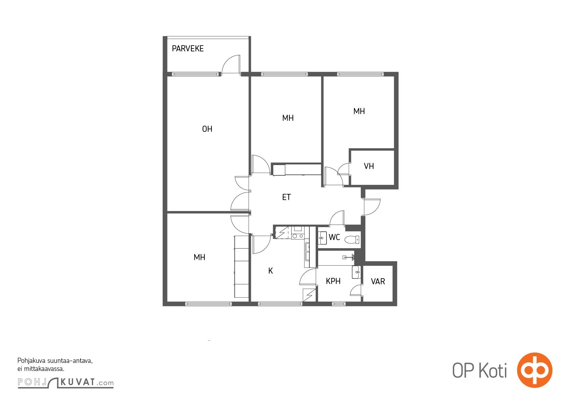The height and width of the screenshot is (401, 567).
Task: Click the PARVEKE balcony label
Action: [x=187, y=48]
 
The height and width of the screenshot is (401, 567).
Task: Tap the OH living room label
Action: [x=207, y=129]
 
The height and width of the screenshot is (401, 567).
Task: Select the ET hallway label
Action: [x=286, y=197]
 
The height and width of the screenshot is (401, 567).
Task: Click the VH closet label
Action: [x=369, y=166]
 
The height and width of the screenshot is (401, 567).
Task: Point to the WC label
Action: [x=334, y=237]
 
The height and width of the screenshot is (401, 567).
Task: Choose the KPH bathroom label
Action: [x=333, y=281]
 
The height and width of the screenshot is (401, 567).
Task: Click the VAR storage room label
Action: [x=378, y=281]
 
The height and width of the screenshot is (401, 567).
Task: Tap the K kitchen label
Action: [x=271, y=271]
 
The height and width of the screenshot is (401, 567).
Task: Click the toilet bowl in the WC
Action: [x=352, y=239]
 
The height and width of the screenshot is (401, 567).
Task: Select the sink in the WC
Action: [x=322, y=238]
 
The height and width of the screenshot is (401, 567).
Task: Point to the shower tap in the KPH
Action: [x=349, y=257]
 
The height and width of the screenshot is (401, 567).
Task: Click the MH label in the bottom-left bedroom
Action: [x=199, y=257]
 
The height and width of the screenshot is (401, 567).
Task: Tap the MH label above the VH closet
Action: [x=359, y=111]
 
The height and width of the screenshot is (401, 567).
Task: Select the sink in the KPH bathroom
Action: [x=357, y=272]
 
